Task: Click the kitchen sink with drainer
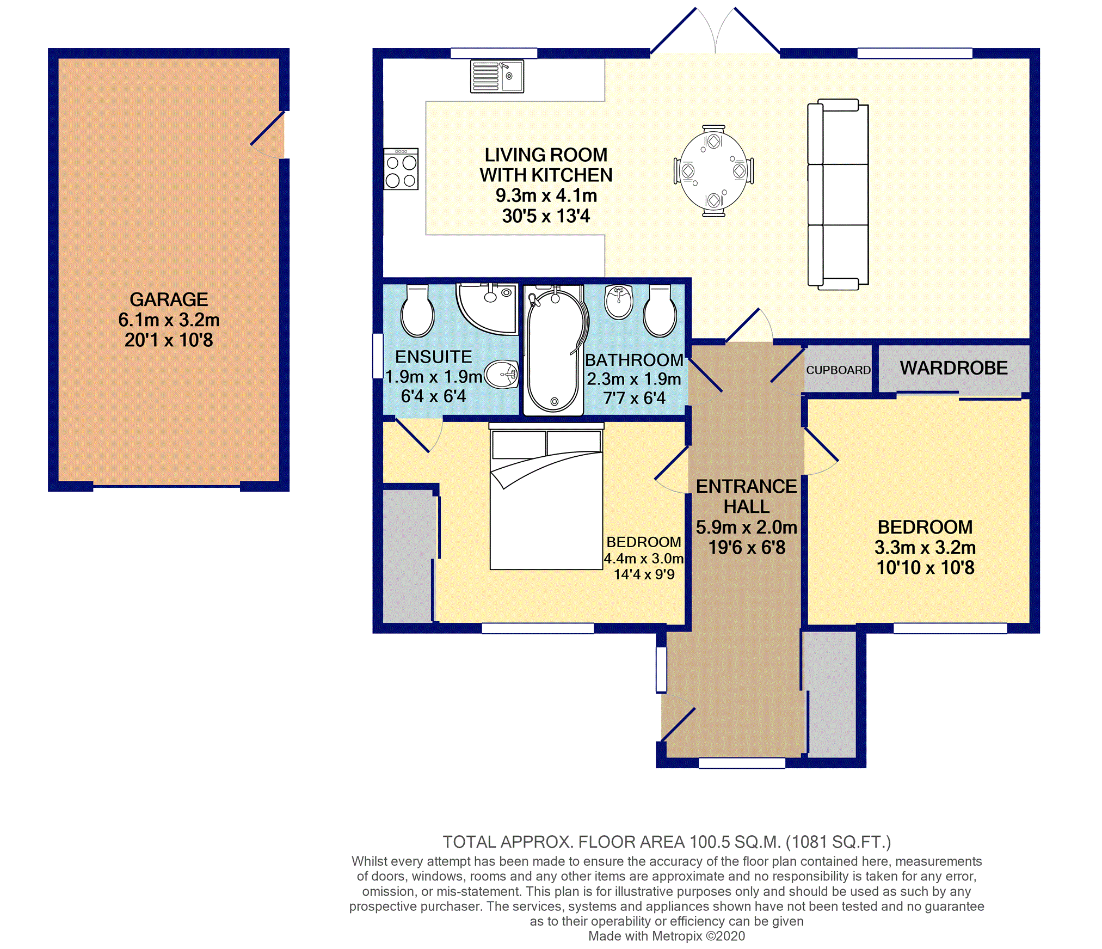coord(497,76)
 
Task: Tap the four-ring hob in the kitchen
coord(401,169)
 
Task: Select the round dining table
coord(713,171)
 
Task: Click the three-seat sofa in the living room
coord(838,194)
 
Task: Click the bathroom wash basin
coord(619,301)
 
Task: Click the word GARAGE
coord(169,299)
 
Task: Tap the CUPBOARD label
coord(838,370)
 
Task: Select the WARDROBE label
coord(953,368)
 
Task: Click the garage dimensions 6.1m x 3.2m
coord(169,320)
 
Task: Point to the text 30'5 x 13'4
coord(546,216)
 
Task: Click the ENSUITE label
coord(434,357)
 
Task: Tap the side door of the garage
coord(268,135)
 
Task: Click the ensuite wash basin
coord(501,375)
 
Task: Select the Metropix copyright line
coord(667,936)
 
